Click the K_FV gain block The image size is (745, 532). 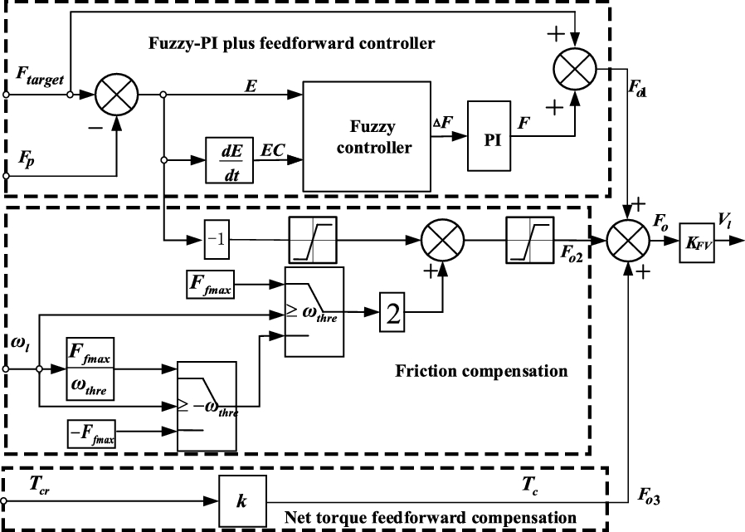(697, 242)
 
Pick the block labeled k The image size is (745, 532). (241, 501)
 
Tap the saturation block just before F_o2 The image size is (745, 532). (528, 242)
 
